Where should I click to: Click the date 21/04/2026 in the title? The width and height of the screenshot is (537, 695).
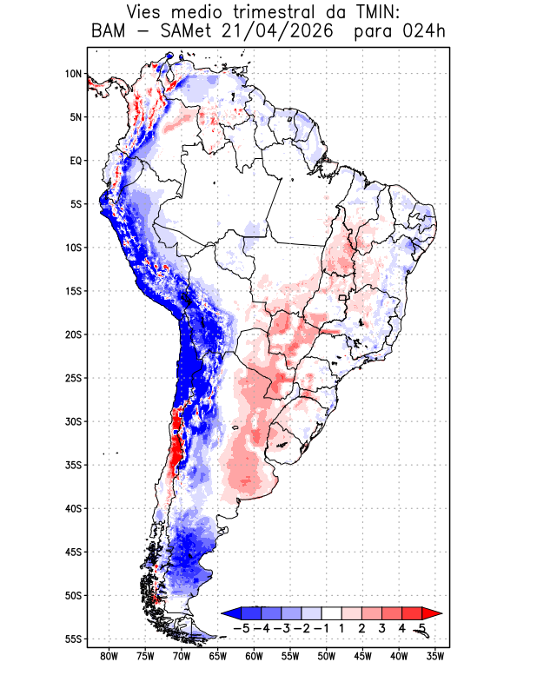click(276, 31)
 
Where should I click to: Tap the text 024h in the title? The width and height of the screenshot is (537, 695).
click(424, 31)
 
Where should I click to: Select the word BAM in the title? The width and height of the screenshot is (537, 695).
click(109, 31)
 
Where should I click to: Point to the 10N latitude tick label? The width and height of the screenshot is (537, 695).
click(74, 74)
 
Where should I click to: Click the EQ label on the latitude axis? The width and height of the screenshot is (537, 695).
click(76, 161)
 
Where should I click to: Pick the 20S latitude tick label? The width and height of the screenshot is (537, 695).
click(74, 334)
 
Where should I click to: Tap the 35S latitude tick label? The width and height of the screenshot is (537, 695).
click(74, 465)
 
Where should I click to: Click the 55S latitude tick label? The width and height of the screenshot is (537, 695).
click(74, 639)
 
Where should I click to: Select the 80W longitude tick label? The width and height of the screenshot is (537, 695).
click(109, 657)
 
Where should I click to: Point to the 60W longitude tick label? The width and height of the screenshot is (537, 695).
click(254, 657)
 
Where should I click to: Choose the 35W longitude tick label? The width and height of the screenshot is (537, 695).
click(435, 657)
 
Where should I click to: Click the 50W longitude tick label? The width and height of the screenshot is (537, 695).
click(327, 657)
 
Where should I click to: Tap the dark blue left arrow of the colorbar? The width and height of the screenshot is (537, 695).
click(231, 613)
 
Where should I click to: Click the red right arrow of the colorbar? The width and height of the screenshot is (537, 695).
click(432, 613)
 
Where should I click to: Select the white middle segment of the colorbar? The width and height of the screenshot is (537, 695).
click(332, 613)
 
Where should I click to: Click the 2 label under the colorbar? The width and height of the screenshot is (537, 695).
click(361, 628)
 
